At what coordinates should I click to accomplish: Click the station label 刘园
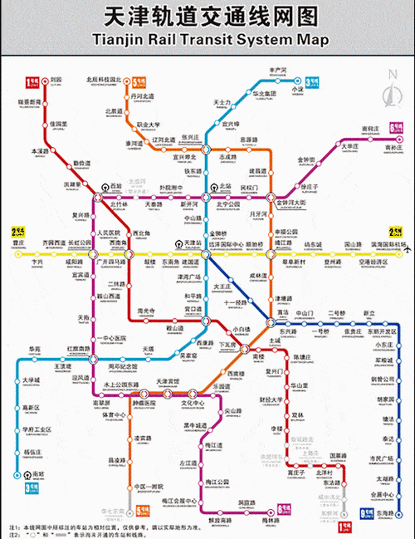(x=56, y=81)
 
